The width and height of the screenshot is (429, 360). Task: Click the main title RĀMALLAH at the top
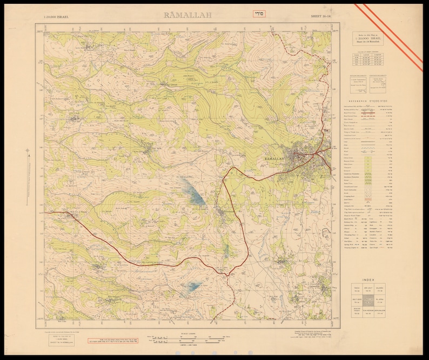tap(187, 15)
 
